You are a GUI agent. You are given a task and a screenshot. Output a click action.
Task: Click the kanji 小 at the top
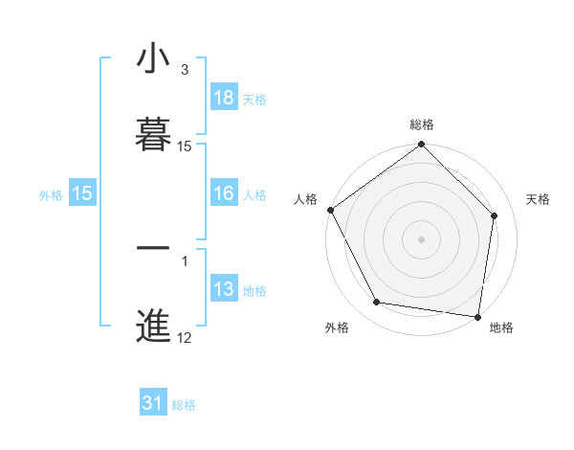tap(153, 59)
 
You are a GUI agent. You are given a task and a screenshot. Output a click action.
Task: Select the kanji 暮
tap(153, 134)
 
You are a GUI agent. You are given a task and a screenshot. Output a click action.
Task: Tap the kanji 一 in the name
tap(153, 248)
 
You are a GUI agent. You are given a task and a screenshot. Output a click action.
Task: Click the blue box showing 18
tap(223, 98)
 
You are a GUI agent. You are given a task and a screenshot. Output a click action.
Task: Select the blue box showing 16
tap(223, 193)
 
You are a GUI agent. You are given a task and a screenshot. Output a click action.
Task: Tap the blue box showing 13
tap(223, 289)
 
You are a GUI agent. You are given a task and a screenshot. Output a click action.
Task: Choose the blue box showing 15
tap(82, 193)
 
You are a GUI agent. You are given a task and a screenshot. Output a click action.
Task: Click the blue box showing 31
tap(153, 404)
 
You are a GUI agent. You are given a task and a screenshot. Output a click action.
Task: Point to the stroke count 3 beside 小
tap(185, 70)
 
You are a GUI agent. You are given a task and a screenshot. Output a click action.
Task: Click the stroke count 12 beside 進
tap(185, 337)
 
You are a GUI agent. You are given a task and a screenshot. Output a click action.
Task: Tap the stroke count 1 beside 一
tap(185, 259)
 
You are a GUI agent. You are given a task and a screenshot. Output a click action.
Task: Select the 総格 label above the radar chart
tap(422, 124)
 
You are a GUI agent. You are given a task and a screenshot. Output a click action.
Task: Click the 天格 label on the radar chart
tap(539, 199)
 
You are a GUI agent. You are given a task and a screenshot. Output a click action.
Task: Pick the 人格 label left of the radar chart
tap(305, 199)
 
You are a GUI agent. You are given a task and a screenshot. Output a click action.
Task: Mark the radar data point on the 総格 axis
tap(422, 146)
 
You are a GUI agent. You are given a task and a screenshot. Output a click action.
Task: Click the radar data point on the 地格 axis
tap(478, 316)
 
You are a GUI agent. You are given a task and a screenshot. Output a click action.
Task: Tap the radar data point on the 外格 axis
tap(377, 303)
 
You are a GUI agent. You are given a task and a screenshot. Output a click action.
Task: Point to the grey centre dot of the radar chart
tap(422, 238)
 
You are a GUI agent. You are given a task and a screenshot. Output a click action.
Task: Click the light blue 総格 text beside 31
tap(184, 405)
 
